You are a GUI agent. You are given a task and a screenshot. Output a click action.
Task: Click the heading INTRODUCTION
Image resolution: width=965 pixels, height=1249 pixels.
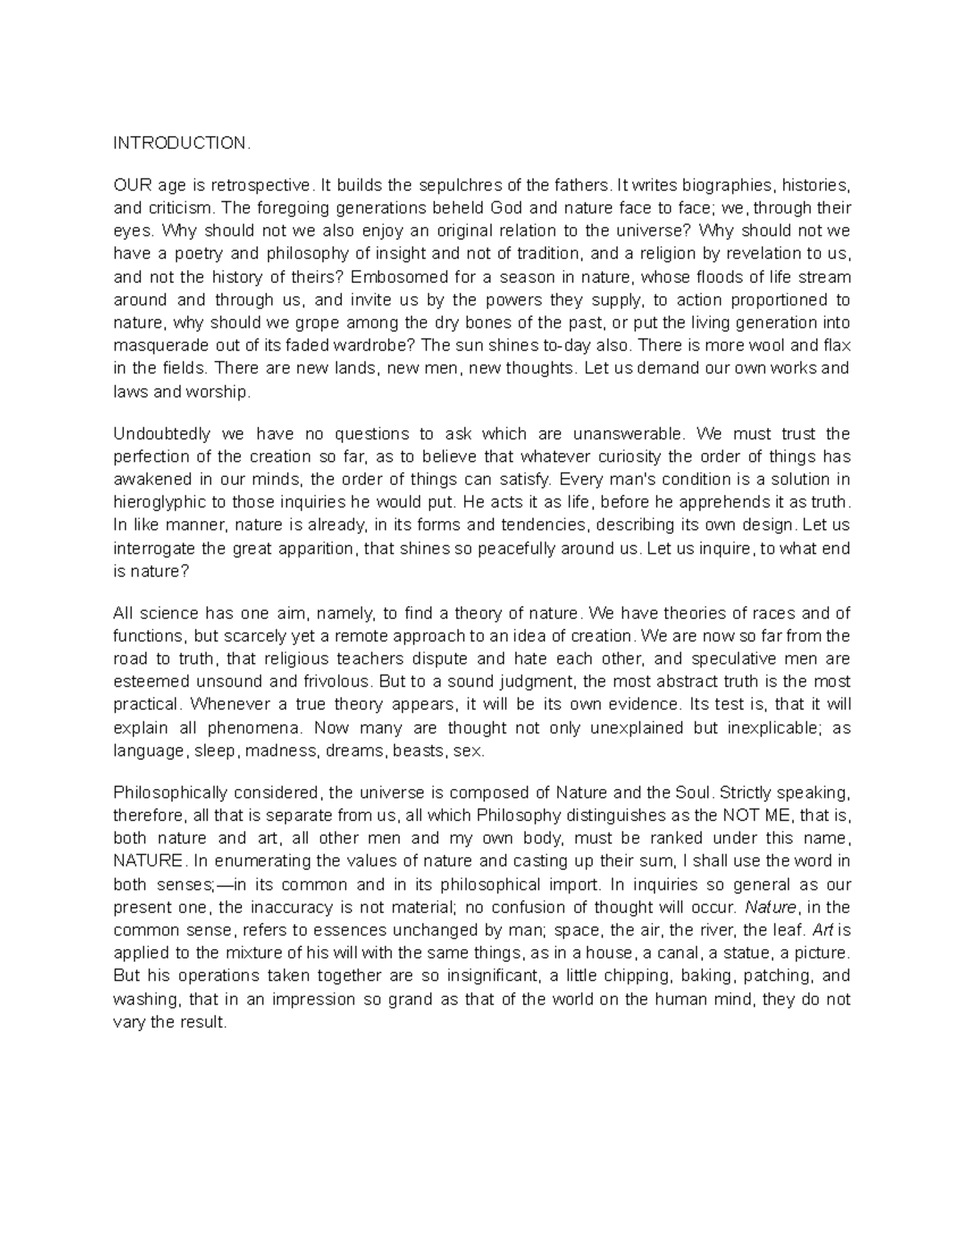182,143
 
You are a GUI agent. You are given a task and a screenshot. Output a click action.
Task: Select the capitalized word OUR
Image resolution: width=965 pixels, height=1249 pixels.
129,185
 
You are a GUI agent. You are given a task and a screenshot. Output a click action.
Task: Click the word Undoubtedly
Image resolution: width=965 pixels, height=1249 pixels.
161,434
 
